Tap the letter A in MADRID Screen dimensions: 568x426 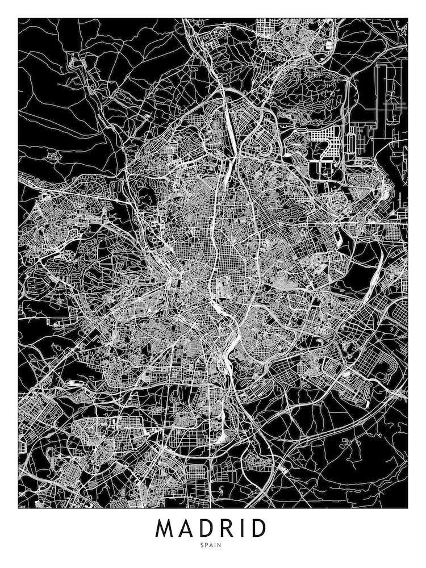[190, 528]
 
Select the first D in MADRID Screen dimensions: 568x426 [210, 528]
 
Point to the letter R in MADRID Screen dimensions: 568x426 [230, 528]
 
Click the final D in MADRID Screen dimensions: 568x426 [258, 528]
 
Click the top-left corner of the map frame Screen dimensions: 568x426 [18, 19]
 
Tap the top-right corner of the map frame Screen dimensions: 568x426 [408, 19]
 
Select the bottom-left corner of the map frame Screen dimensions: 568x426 [18, 508]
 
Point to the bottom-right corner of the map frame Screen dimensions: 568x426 [408, 508]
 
